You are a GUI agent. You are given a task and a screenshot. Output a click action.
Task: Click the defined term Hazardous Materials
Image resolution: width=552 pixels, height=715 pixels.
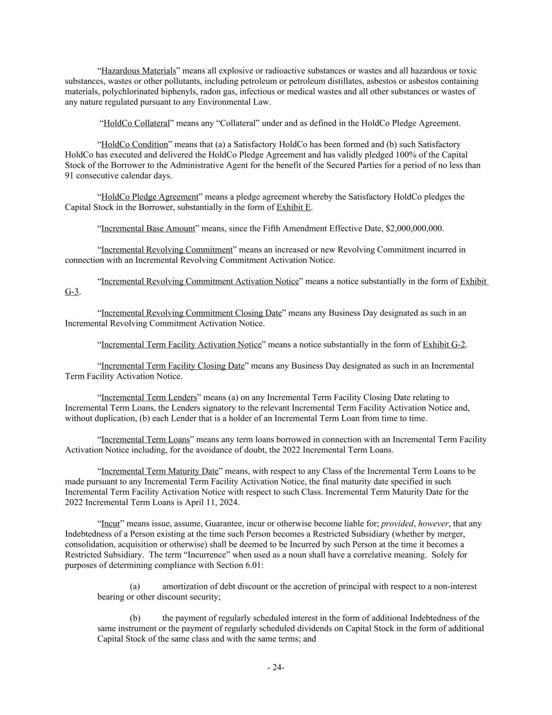pos(138,71)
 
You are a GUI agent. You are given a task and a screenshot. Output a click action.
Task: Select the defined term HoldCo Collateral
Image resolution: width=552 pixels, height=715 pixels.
pos(137,124)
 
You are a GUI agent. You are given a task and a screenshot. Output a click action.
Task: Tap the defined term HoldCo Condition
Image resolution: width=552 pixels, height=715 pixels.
pos(134,145)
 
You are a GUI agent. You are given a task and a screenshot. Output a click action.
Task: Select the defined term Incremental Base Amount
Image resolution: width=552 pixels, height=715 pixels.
pos(148,229)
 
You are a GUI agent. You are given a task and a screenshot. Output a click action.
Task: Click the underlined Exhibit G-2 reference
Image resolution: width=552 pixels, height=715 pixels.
pos(444,345)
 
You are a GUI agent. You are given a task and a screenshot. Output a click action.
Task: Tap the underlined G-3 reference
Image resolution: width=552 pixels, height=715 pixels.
pos(72,292)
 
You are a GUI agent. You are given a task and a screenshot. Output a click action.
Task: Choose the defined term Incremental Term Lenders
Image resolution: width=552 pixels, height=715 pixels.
pos(149,398)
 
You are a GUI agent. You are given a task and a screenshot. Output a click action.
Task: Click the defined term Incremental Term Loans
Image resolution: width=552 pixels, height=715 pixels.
pos(145,439)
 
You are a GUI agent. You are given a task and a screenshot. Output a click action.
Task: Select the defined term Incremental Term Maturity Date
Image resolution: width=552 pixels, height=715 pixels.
pos(160,471)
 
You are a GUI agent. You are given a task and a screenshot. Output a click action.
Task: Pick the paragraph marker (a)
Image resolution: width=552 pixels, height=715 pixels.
pos(135,587)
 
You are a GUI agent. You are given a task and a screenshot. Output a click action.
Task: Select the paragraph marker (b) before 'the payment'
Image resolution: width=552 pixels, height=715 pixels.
pos(135,618)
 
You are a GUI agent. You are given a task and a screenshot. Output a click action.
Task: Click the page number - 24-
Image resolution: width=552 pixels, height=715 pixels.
pos(276,667)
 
